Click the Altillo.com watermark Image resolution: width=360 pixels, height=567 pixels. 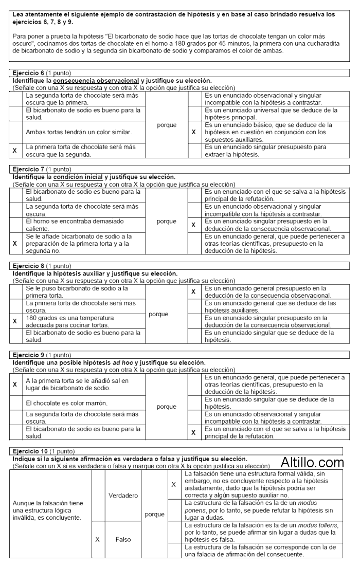pos(312,462)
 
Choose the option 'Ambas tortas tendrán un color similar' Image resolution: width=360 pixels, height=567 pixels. pos(79,132)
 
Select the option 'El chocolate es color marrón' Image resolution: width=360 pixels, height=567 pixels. pos(66,403)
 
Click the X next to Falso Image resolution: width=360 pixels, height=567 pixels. pos(98,539)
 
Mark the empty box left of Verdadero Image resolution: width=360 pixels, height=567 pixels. pos(98,496)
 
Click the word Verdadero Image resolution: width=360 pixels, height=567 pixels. pos(123,496)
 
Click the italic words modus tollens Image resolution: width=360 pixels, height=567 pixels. pos(325,525)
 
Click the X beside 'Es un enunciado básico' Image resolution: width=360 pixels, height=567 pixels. pos(193,132)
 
